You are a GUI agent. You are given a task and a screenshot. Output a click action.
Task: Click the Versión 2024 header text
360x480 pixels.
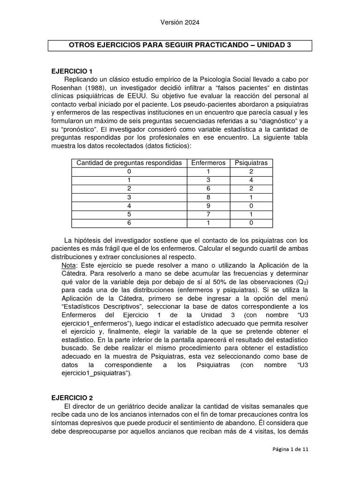point(180,22)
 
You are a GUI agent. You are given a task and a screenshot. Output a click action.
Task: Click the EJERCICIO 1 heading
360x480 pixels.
point(71,71)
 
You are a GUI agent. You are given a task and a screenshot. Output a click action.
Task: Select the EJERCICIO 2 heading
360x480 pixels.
point(71,397)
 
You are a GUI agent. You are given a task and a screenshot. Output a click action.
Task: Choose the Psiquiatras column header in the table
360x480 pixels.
point(251,163)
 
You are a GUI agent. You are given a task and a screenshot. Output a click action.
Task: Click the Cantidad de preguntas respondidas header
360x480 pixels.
point(129,163)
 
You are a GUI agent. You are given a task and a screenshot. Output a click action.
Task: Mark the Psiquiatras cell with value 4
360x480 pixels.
point(251,180)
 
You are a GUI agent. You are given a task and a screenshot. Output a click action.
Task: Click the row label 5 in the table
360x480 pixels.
point(129,214)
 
